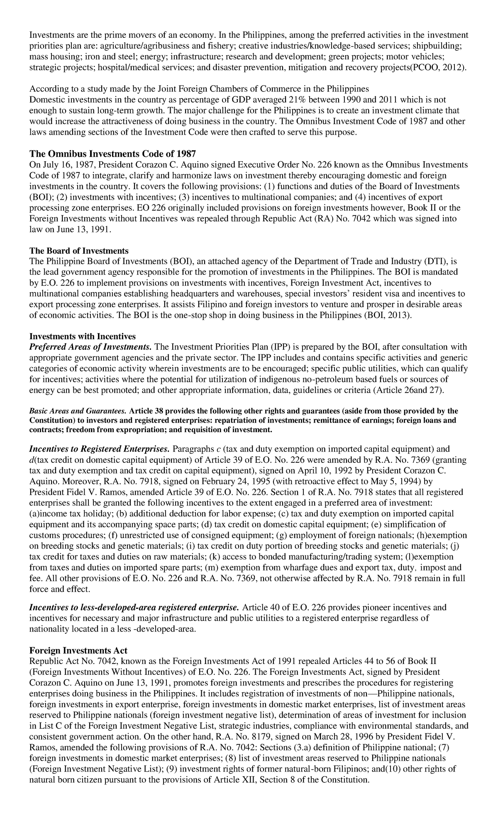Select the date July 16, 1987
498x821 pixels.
pyautogui.click(x=68, y=164)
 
